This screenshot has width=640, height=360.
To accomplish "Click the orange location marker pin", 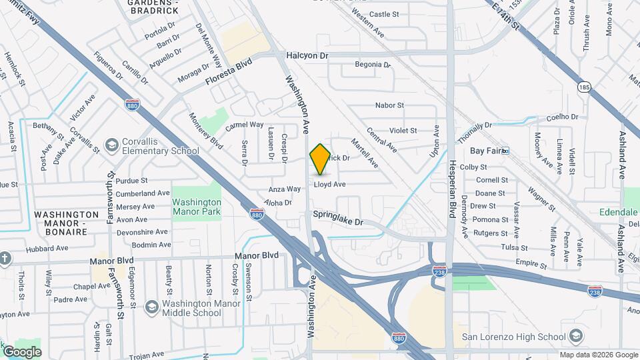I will (x=320, y=159).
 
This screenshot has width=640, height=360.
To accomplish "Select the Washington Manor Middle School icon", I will (x=151, y=307).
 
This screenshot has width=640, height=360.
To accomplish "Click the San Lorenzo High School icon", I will (x=576, y=335).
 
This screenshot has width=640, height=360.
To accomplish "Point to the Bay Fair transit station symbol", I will (x=505, y=151).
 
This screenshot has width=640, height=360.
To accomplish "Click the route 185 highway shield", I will (x=584, y=87).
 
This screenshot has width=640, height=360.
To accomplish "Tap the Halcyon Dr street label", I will (x=307, y=56).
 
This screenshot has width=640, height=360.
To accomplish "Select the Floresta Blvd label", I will (x=229, y=71).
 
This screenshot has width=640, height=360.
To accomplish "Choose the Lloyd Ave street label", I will (x=330, y=184).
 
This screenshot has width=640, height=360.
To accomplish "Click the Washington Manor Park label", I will (x=197, y=207).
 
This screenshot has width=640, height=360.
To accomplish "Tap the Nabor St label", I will (x=389, y=105).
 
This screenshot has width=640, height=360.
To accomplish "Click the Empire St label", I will (x=531, y=264).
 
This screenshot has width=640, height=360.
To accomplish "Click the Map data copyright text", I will (x=598, y=355).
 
